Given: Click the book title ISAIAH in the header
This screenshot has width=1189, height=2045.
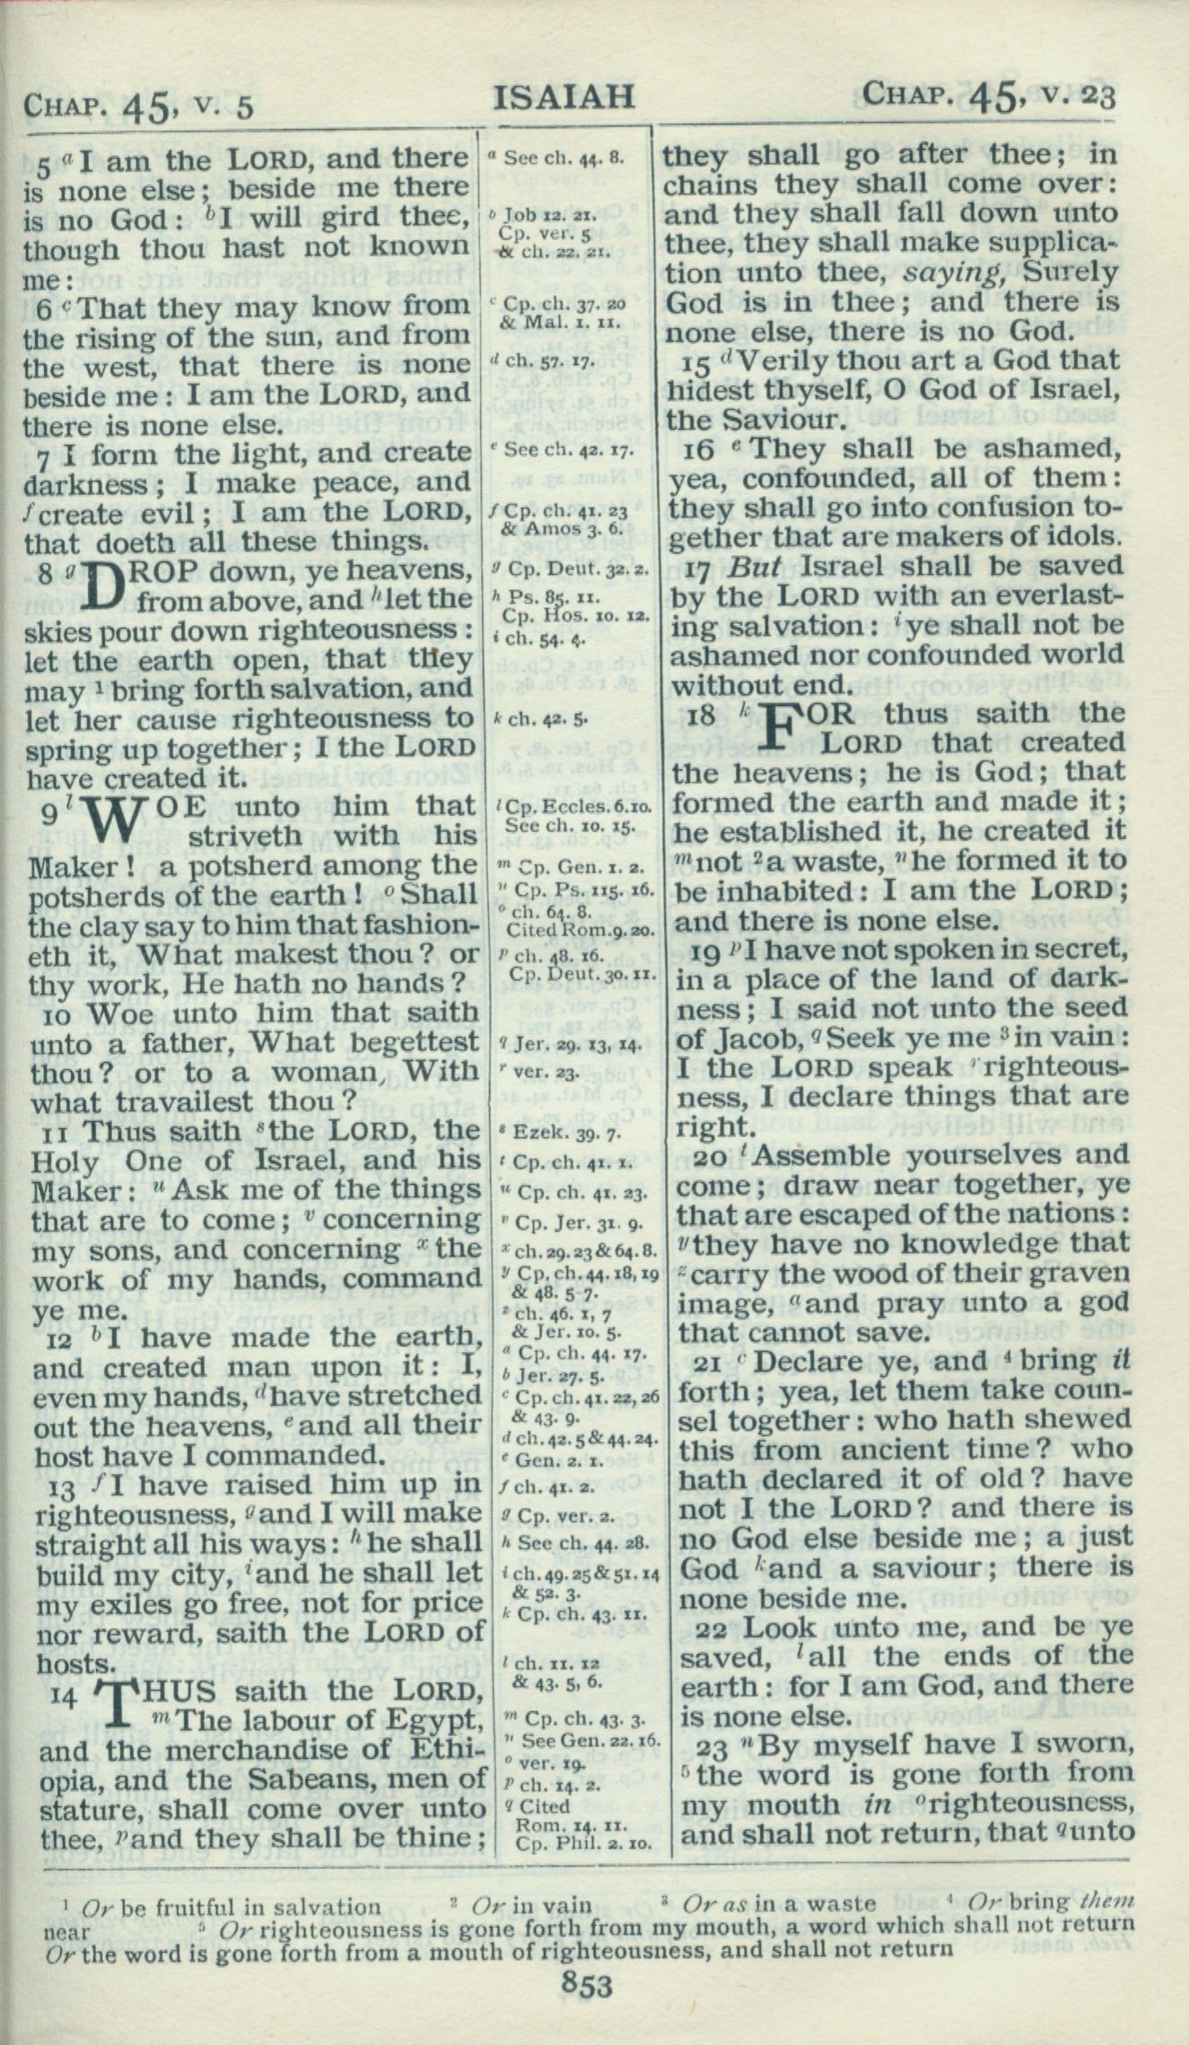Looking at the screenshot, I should [x=564, y=95].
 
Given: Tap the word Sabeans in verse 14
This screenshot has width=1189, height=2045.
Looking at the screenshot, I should [x=300, y=1779].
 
